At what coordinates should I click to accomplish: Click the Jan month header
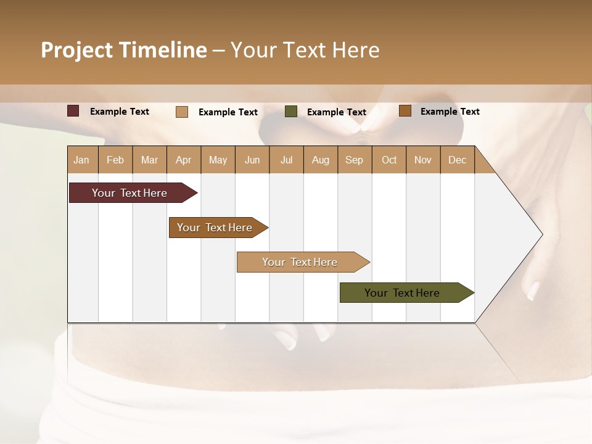coord(81,160)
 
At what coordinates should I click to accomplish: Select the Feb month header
coord(115,160)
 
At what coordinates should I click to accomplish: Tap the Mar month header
coord(149,160)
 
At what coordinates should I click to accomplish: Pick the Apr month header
coord(184,160)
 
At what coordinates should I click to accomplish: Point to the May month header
coord(218,160)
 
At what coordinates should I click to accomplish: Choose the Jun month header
coord(252,160)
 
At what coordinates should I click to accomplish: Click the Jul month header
coord(286,160)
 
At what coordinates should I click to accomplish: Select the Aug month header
coord(321,160)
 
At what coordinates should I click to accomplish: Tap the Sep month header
coord(355,160)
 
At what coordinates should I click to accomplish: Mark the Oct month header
coord(389,160)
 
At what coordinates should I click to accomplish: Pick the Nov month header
coord(423,160)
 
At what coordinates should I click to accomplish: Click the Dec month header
coord(458,160)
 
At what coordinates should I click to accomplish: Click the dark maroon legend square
coord(73,111)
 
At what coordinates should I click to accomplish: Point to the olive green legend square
coord(291,112)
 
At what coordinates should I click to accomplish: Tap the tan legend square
coord(182,112)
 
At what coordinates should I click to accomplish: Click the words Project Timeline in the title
coord(123,50)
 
